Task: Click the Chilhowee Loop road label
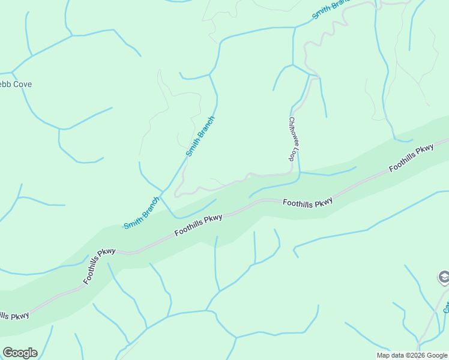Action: click(294, 138)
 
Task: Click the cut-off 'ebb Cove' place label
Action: click(16, 85)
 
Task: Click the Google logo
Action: click(20, 353)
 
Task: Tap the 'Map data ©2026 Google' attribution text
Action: click(412, 355)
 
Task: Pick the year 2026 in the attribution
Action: click(414, 355)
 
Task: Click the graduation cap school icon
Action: click(444, 278)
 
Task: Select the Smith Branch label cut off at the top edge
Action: click(331, 8)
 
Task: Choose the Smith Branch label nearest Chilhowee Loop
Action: click(200, 136)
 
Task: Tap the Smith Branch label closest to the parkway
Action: click(142, 212)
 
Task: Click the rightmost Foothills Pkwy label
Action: click(411, 158)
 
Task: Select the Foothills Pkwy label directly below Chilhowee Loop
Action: click(307, 203)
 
